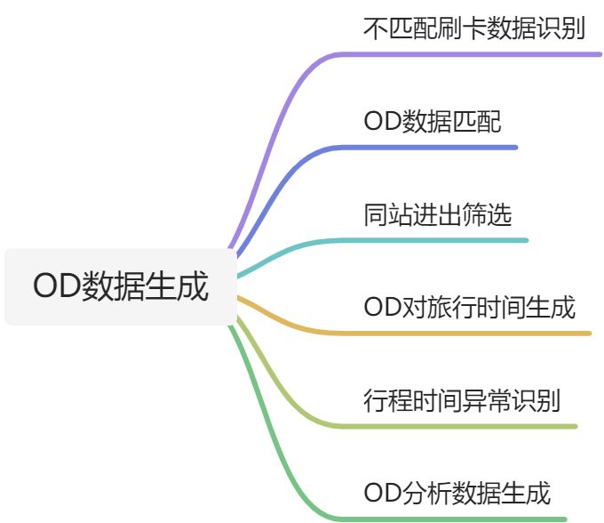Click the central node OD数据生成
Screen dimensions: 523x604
[121, 286]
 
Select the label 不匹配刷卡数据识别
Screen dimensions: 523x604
[474, 28]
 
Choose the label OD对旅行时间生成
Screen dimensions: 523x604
[470, 308]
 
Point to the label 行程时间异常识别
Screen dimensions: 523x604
[462, 400]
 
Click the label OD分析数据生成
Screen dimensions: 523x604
[457, 493]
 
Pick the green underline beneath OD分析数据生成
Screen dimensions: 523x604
[462, 519]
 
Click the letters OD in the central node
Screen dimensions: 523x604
[55, 287]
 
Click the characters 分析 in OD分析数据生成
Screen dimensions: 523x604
[425, 493]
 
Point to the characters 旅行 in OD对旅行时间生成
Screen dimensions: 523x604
[452, 308]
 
